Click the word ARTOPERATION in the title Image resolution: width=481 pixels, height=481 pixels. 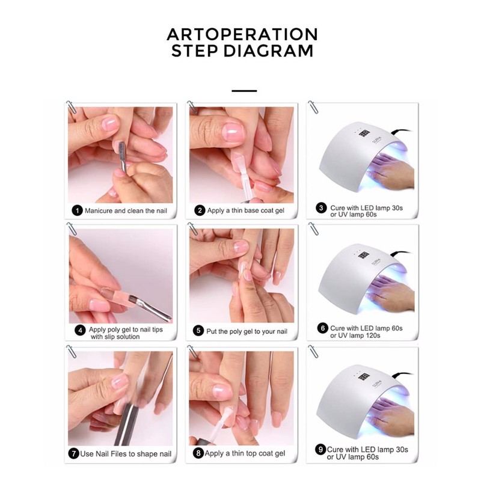[242, 34]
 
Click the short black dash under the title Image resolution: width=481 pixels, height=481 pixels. [244, 91]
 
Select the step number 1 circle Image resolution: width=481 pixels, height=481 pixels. [77, 211]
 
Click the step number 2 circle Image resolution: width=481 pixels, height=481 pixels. [199, 211]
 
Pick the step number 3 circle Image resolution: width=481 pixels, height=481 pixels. [322, 208]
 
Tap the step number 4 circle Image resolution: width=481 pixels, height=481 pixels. [79, 330]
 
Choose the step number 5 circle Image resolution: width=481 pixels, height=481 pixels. [199, 330]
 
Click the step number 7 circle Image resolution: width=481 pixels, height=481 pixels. [74, 453]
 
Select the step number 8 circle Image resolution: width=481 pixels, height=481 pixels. [199, 453]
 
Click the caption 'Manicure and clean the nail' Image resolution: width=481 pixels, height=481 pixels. [125, 211]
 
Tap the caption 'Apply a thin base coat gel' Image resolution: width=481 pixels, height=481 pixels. [246, 211]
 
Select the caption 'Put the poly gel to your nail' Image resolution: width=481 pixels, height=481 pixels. [248, 330]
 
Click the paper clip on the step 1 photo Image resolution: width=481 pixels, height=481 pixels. [72, 108]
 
